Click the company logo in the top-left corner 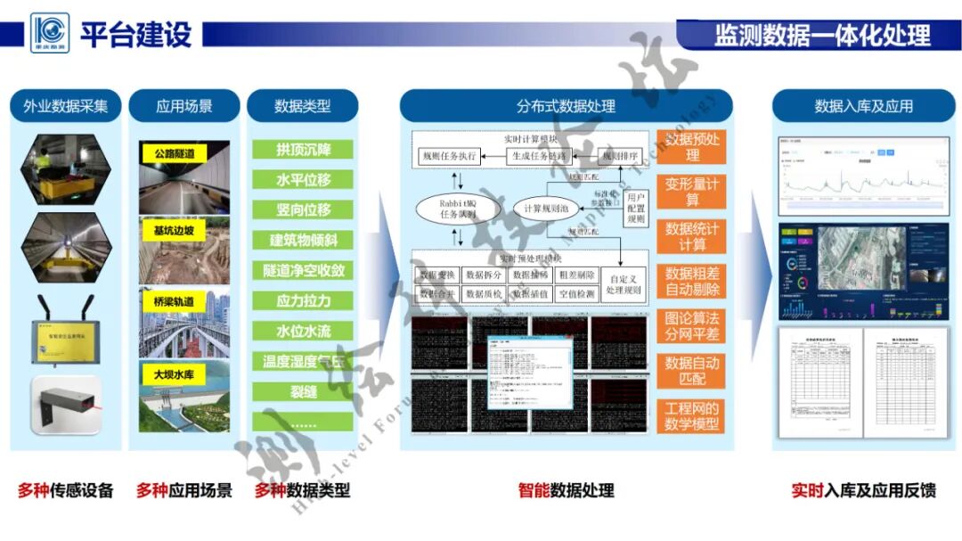(x=49, y=33)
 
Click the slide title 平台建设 (x=135, y=35)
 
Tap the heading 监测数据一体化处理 (x=821, y=35)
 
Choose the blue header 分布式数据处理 (x=566, y=106)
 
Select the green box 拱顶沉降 (x=303, y=150)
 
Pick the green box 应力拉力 (x=303, y=301)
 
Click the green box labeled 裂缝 (x=303, y=391)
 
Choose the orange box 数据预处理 (x=692, y=146)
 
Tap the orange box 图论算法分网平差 (x=692, y=326)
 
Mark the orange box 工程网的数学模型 (x=692, y=415)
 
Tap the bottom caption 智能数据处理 (x=566, y=490)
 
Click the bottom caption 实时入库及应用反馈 (x=863, y=490)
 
